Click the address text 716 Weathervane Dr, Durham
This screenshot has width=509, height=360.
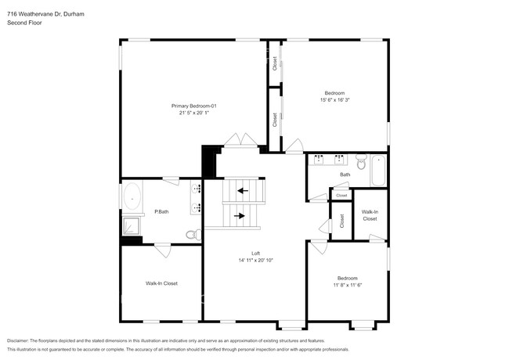coord(45,6)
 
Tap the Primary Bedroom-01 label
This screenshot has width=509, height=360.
coord(193,106)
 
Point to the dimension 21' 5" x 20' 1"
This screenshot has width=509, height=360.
coord(193,113)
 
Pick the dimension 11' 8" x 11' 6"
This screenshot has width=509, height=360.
coord(347,286)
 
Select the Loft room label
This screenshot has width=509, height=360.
coord(255,253)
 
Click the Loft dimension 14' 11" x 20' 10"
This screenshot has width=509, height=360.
coord(255,261)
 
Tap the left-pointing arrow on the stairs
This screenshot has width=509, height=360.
coord(243,190)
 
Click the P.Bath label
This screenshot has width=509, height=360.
coord(161,211)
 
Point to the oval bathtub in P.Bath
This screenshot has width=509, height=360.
coord(132,197)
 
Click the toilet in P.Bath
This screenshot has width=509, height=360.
coord(191,234)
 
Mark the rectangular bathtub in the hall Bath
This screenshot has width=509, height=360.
coord(379,170)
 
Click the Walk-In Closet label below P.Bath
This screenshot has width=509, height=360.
coord(161,283)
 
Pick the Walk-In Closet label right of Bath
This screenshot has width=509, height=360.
coord(370,215)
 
